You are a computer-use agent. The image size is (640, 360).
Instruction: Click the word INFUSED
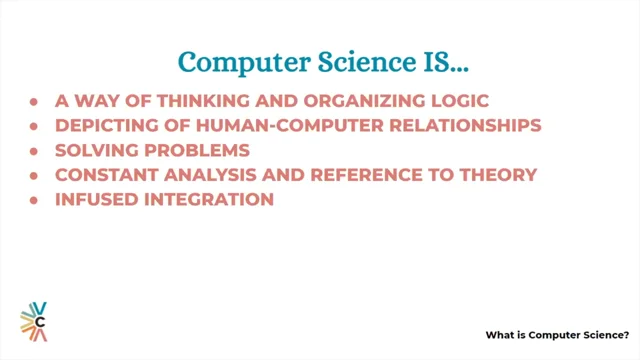93,199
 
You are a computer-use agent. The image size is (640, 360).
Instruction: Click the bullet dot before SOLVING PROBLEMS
35,151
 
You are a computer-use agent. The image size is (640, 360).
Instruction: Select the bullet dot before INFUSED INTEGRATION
35,199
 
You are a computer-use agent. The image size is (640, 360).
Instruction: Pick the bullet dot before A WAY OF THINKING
35,103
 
